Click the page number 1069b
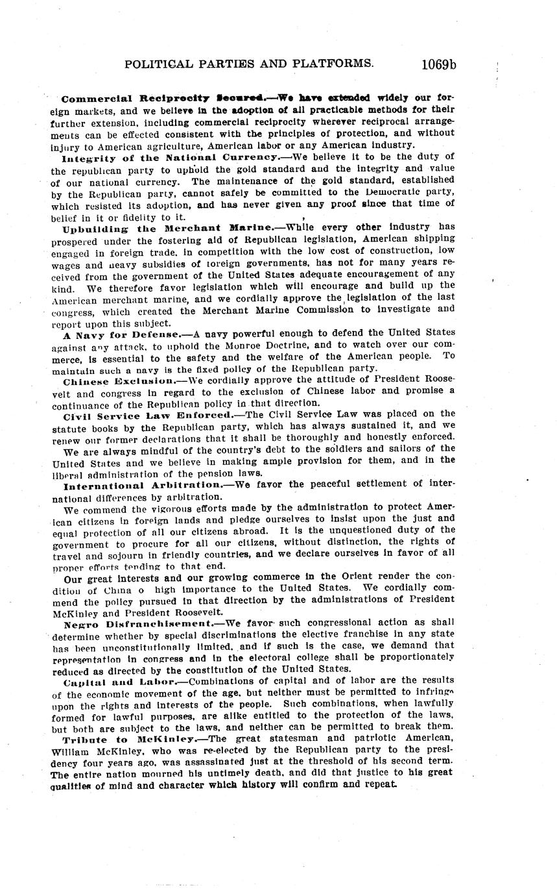438,64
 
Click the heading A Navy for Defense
122,334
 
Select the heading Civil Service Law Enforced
147,414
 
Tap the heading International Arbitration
143,484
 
